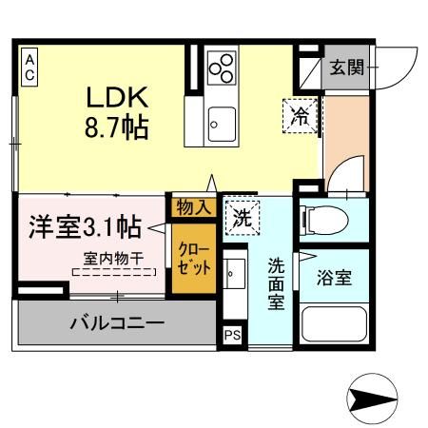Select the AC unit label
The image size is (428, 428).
29,68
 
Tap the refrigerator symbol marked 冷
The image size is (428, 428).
299,116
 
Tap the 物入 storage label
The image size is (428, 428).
192,205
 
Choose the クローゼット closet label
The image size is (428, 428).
193,255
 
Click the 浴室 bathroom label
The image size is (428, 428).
336,280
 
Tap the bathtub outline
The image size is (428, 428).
337,325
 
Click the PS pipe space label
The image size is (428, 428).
232,336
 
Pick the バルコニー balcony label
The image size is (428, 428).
116,322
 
